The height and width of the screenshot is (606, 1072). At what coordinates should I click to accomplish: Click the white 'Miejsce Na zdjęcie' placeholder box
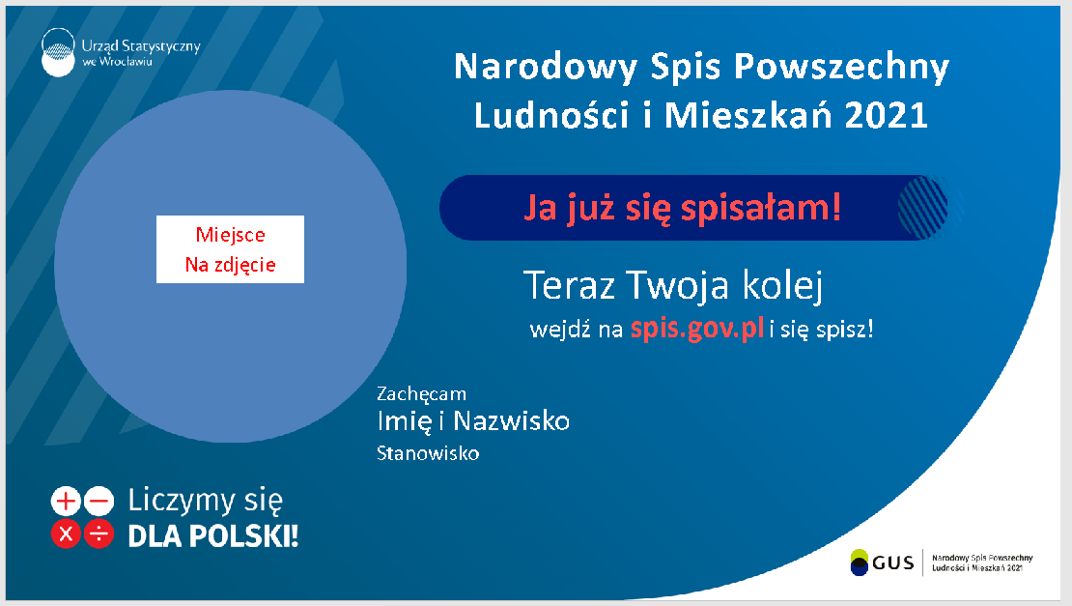[x=230, y=249]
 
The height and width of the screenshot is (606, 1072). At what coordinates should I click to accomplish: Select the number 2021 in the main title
[x=887, y=116]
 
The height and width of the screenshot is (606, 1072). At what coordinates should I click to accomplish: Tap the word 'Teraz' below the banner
[x=570, y=286]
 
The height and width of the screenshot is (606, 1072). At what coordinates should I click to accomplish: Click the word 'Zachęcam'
[x=421, y=394]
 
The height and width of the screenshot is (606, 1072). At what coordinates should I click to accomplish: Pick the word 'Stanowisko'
[x=428, y=453]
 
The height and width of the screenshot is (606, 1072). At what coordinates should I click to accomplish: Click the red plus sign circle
[x=66, y=501]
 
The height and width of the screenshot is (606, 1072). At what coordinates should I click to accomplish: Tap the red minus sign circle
[x=99, y=501]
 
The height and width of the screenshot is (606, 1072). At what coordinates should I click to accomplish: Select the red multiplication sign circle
[x=66, y=534]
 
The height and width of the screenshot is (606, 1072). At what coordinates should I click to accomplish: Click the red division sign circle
[x=99, y=534]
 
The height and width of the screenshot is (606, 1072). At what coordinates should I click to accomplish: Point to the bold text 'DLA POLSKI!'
[x=213, y=535]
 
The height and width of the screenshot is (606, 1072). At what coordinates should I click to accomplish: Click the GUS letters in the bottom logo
[x=892, y=563]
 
